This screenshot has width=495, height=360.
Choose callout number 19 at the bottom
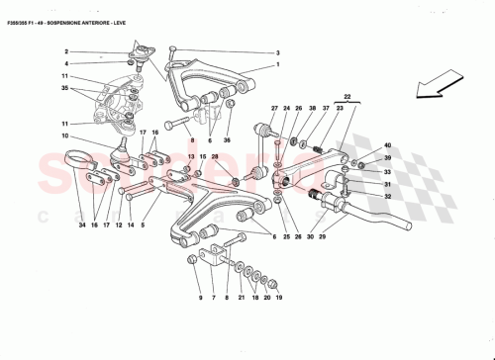pyautogui.click(x=279, y=298)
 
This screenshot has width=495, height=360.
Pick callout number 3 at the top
pyautogui.click(x=278, y=53)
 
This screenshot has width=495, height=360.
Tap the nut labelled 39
pyautogui.click(x=363, y=158)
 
